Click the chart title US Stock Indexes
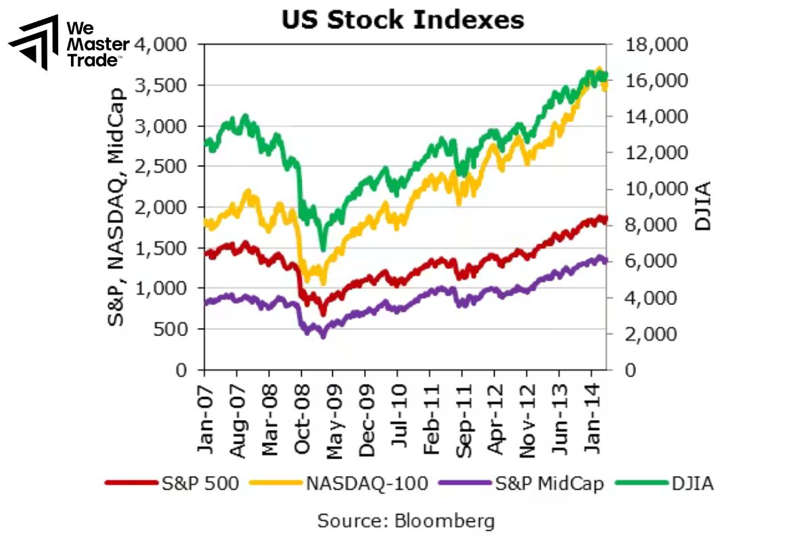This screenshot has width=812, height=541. [403, 20]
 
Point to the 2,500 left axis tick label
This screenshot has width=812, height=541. [166, 166]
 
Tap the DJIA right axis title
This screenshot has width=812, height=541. [704, 206]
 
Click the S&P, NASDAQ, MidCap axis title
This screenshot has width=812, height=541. [118, 206]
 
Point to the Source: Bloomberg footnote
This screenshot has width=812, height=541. [406, 521]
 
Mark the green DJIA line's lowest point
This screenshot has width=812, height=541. [323, 249]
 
